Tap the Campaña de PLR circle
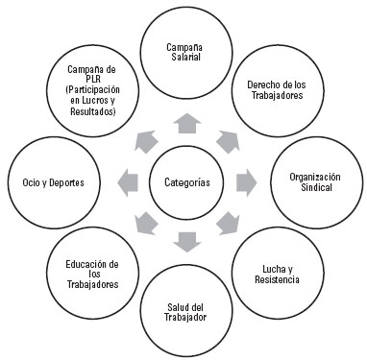click(93, 91)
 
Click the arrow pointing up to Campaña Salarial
click(187, 122)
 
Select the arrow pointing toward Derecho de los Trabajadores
click(229, 139)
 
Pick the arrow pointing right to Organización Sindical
click(246, 180)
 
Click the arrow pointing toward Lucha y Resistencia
click(229, 223)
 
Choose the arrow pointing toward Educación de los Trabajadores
click(146, 223)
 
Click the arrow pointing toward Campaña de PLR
click(146, 139)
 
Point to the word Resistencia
click(278, 279)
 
